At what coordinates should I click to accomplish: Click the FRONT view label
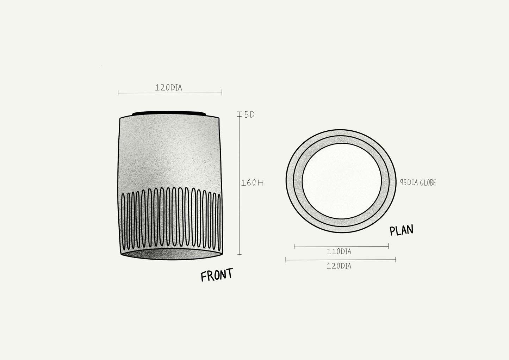pos(217,274)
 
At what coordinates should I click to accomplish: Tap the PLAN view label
pos(401,230)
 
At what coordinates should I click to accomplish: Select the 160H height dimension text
pos(252,183)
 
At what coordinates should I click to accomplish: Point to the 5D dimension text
pos(249,115)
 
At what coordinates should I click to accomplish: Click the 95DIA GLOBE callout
pos(418,183)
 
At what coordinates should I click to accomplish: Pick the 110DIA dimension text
pos(339,252)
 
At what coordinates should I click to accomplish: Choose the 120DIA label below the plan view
pos(339,266)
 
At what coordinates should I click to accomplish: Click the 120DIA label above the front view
pos(168,87)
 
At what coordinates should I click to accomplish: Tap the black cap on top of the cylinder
pos(169,113)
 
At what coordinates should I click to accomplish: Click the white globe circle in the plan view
pos(342,181)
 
